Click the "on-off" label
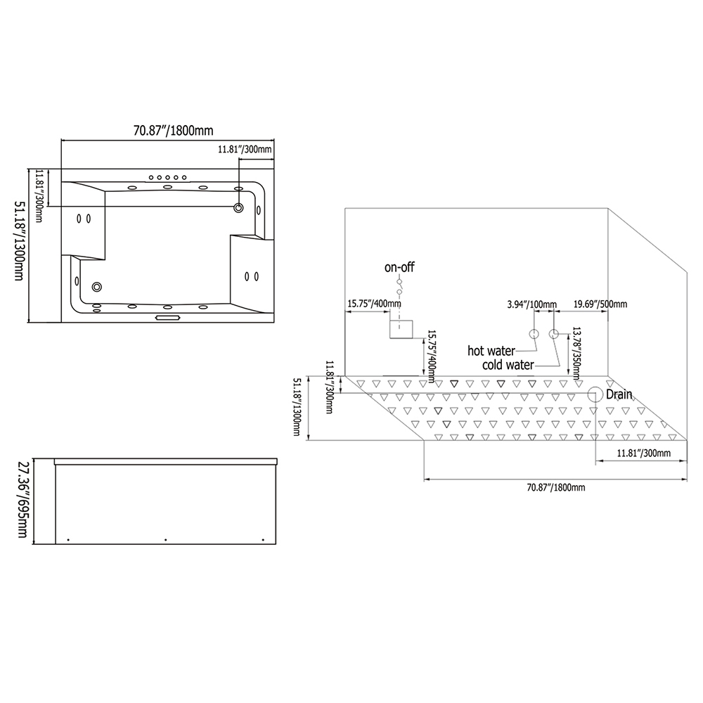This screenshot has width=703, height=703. coord(399,267)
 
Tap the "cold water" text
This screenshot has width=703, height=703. coord(508,365)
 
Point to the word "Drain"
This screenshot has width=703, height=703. coord(619,394)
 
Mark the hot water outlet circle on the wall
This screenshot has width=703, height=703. coord(534,333)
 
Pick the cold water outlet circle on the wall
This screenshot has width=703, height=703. coord(554,333)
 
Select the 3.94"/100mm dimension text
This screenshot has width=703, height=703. coord(531,304)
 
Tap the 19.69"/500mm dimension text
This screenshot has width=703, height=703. coord(600,304)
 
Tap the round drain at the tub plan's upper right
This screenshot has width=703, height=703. coord(239,207)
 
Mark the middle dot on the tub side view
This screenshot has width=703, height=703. coord(165,540)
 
